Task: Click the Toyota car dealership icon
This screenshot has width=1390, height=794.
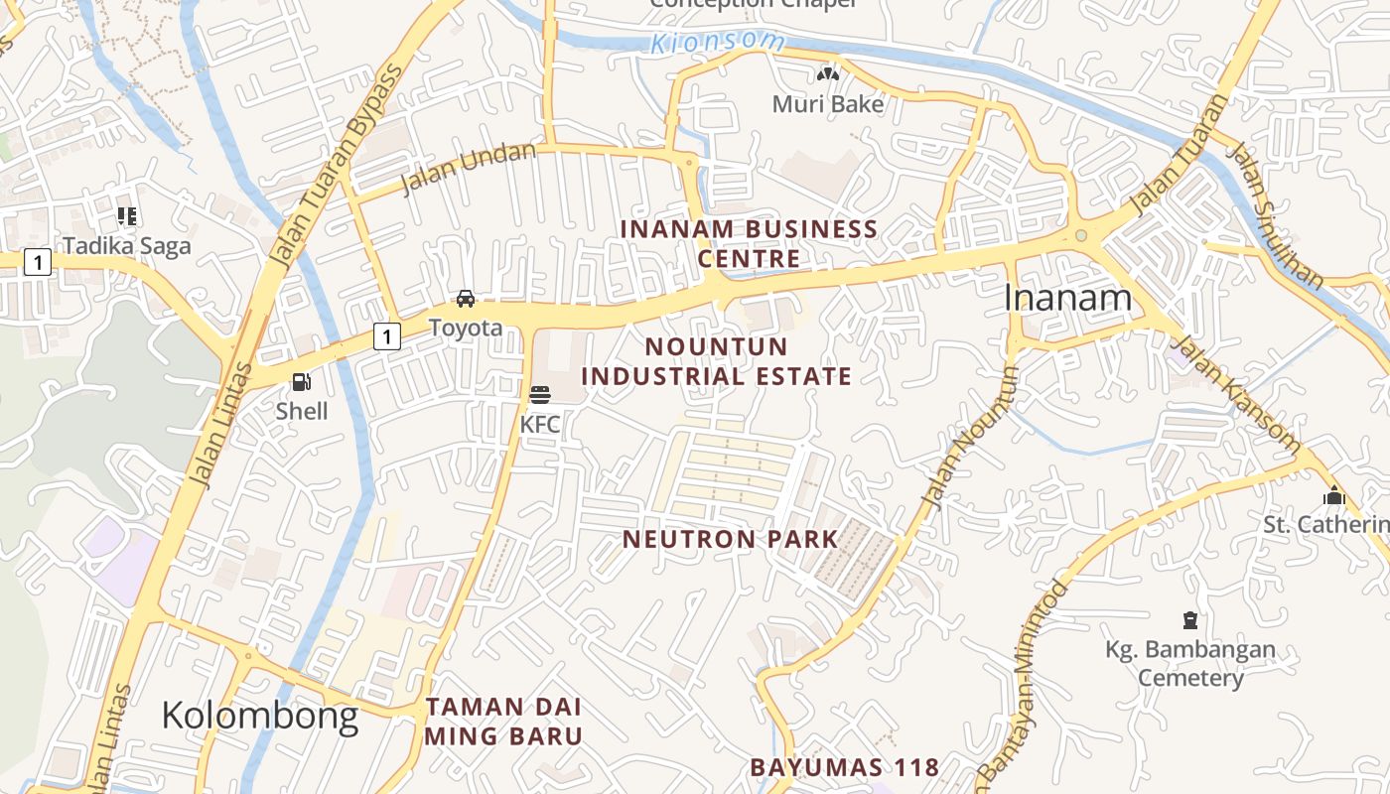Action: pos(465,299)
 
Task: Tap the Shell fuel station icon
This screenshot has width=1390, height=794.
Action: pos(301,382)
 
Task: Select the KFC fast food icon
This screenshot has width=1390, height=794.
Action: pos(540,395)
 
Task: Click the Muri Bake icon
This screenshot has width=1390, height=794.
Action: pos(828,74)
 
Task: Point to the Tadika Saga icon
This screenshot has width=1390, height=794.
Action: pos(127,215)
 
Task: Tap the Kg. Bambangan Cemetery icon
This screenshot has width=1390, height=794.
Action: pos(1189,621)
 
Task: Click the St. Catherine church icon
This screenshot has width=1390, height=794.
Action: pos(1333,495)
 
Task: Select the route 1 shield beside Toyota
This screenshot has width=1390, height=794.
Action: pos(386,336)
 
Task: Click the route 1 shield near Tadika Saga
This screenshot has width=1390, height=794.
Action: pos(37,262)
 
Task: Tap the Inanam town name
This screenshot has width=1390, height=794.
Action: pos(1067,298)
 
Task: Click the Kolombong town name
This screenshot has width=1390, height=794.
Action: pos(259,715)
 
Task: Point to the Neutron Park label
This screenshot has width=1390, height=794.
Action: pos(730,540)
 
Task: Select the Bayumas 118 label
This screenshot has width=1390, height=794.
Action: pos(844,767)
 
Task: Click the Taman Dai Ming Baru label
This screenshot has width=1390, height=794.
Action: pos(503,723)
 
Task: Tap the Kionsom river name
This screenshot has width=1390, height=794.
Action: pos(718,43)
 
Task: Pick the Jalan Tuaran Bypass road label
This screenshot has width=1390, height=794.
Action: pos(338,167)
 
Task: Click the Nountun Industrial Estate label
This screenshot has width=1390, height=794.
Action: pos(716,361)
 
